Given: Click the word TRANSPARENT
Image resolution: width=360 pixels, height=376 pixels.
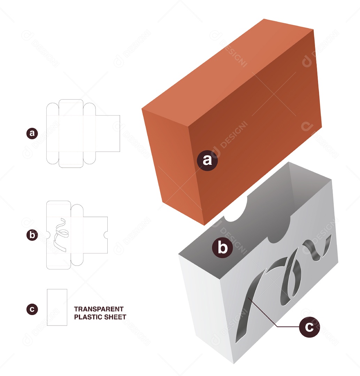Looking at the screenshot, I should tap(99, 309).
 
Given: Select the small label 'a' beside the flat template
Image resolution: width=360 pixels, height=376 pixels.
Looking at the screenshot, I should tap(32, 133).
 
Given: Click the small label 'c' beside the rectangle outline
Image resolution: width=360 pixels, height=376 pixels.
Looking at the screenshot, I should tap(32, 309).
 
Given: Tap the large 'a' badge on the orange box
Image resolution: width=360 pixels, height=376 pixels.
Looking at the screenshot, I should tap(207, 160).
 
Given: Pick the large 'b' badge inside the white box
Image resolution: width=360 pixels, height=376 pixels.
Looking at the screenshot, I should tap(222, 248).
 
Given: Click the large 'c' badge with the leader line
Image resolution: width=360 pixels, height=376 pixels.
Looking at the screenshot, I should tap(309, 327).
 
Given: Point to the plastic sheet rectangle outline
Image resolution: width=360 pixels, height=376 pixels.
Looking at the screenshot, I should tap(57, 307).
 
